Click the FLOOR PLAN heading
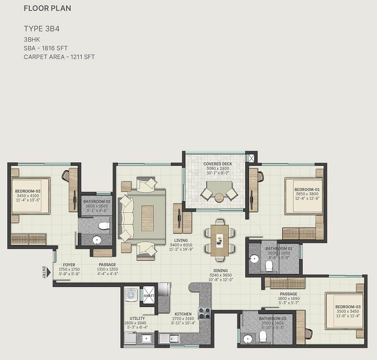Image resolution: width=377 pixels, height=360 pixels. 48,8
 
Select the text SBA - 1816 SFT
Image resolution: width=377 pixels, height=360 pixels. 46,48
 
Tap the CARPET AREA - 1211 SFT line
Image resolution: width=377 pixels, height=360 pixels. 59,57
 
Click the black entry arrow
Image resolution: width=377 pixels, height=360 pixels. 49,273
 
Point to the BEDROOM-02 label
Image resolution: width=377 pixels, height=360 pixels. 28,191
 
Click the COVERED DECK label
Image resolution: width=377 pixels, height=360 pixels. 218,164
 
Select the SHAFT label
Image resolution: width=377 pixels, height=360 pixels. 149,296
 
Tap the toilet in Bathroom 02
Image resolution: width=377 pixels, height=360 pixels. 104,225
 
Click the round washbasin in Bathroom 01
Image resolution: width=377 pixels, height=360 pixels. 254,259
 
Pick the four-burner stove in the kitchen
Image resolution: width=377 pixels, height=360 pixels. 204,313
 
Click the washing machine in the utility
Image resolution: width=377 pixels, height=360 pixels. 131,294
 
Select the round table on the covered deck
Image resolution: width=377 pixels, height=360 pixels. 219,198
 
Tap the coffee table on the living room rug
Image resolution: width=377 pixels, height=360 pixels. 147,218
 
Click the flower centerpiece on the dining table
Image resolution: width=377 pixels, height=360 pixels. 219,241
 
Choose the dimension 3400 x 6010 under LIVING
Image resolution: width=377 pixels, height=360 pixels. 181,245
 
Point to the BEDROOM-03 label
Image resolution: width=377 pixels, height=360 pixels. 348,306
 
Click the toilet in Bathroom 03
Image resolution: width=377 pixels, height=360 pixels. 263,336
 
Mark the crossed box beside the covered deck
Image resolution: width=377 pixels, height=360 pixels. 251,158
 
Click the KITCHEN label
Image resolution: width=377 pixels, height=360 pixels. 183,314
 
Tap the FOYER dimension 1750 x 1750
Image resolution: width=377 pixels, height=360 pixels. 69,269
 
